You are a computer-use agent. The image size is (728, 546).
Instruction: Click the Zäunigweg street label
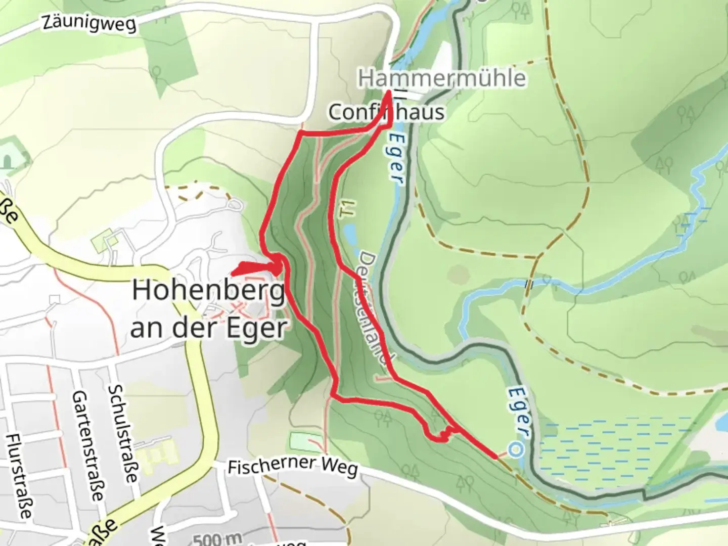point(89,23)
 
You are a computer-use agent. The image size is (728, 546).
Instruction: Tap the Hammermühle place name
point(442,78)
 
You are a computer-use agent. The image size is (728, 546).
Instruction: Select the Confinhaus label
point(386,112)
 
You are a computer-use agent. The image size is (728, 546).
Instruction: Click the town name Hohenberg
point(208,291)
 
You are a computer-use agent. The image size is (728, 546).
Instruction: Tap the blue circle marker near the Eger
point(515,449)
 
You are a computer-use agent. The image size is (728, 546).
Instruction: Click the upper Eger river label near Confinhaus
point(397,157)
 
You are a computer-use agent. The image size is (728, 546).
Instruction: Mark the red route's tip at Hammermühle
point(388,92)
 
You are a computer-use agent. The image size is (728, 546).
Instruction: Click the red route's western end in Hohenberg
point(233,274)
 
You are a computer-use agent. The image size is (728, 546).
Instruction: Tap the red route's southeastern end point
point(495,457)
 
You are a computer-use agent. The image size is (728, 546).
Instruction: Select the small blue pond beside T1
point(348,233)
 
